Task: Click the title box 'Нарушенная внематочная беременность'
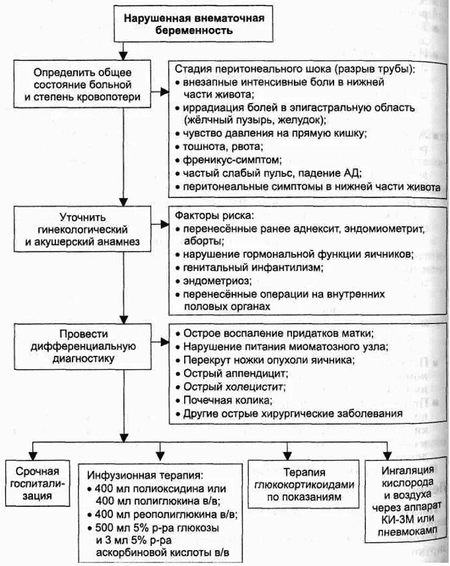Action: [195, 23]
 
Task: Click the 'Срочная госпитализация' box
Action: [38, 483]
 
